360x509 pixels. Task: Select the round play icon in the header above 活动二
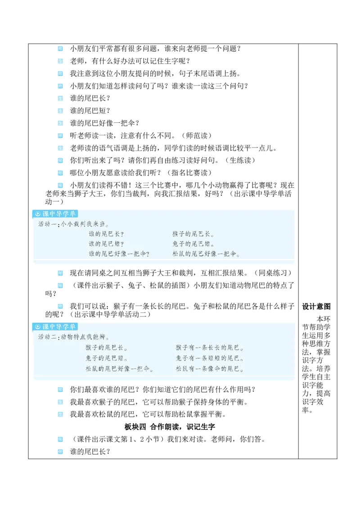[38, 327]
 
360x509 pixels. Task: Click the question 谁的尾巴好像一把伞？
[119, 254]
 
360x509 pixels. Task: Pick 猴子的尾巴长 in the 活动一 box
[193, 234]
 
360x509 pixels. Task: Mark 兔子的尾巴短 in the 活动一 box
[193, 244]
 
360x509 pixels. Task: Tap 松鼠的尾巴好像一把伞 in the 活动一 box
[206, 254]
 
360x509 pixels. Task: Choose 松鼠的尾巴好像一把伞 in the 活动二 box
[119, 369]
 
